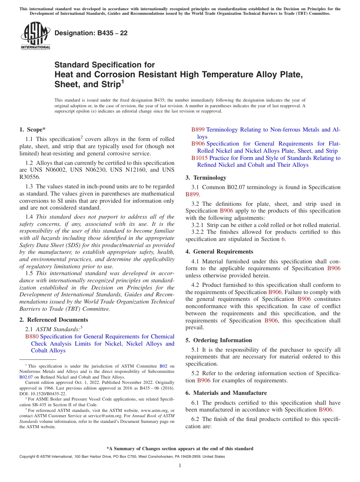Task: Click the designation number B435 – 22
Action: [91, 33]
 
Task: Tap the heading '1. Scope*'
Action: [33, 130]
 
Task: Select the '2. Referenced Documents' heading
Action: [54, 320]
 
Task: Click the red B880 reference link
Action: [32, 336]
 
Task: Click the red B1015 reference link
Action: [199, 158]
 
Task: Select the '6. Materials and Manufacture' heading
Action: [226, 393]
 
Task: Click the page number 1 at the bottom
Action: [180, 465]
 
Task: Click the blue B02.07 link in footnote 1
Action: [26, 377]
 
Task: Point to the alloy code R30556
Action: [30, 177]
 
